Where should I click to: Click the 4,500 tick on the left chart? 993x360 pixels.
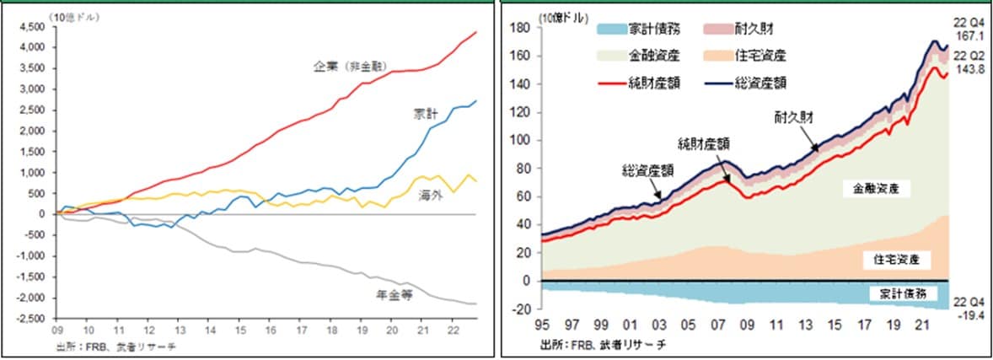coord(31,26)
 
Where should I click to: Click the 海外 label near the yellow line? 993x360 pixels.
coord(429,195)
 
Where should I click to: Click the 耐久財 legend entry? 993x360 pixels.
coord(755,29)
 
